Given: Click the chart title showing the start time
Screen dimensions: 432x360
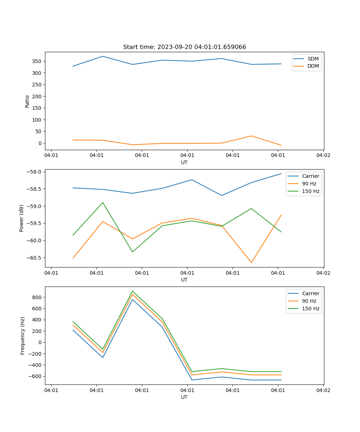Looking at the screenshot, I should tap(184, 47).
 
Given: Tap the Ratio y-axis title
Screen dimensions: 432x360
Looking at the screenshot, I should tap(27, 101).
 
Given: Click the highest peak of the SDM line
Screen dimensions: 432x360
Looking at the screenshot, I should tap(103, 56).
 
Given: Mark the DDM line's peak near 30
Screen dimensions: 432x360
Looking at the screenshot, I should tap(251, 136).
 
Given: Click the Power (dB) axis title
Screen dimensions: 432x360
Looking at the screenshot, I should tap(22, 218).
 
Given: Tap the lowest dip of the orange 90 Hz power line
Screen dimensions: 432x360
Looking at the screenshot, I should tap(251, 262).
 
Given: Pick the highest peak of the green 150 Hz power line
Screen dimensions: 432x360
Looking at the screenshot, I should tap(103, 203).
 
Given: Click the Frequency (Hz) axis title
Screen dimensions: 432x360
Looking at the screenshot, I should tap(22, 336).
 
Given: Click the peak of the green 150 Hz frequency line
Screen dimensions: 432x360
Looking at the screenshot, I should tap(132, 291).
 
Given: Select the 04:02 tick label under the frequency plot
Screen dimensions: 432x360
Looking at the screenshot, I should tap(323, 390).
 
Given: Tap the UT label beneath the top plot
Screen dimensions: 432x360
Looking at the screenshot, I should tap(184, 162).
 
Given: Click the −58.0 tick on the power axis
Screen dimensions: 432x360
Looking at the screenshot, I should tap(35, 172).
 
